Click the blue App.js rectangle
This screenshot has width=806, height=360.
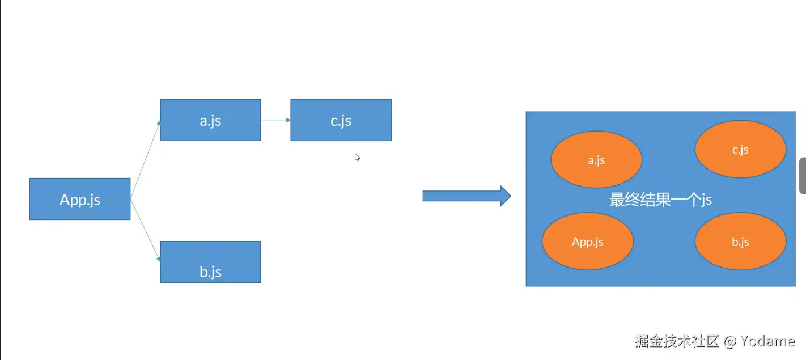click(80, 199)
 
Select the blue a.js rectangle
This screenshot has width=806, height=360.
click(210, 120)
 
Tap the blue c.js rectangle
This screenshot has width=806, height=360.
click(341, 120)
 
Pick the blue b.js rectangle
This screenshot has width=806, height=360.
click(210, 262)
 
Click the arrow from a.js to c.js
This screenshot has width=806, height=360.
click(275, 120)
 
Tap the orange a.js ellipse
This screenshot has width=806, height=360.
click(596, 160)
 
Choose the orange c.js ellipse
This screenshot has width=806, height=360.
click(740, 150)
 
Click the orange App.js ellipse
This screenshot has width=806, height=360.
click(588, 242)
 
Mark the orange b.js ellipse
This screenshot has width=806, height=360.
click(740, 242)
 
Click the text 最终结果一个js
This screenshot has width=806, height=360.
click(660, 200)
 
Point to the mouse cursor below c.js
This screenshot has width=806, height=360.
click(357, 157)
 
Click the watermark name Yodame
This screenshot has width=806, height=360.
click(768, 341)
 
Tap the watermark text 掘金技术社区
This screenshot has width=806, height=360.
click(677, 341)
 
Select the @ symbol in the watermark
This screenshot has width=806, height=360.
click(730, 341)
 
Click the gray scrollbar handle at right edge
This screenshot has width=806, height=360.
click(803, 176)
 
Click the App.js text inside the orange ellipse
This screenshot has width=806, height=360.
click(588, 242)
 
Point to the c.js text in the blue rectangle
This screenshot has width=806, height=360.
click(341, 121)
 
